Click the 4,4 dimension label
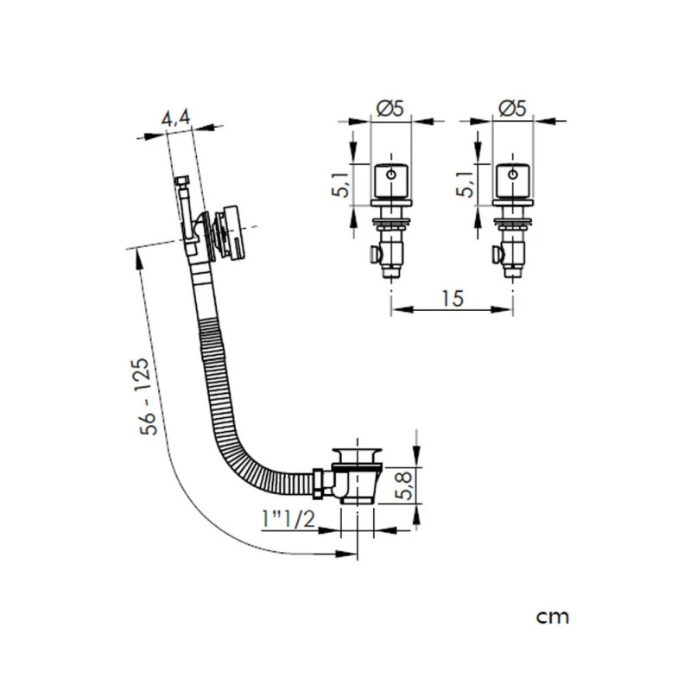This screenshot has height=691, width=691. click(x=178, y=119)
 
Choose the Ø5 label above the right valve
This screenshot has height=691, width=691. click(x=514, y=109)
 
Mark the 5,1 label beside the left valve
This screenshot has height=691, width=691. click(x=342, y=184)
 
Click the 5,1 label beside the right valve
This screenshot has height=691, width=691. click(x=466, y=184)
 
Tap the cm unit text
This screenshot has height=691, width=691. click(x=552, y=617)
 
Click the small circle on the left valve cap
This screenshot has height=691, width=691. click(x=392, y=175)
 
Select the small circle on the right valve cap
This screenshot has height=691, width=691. click(x=514, y=175)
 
